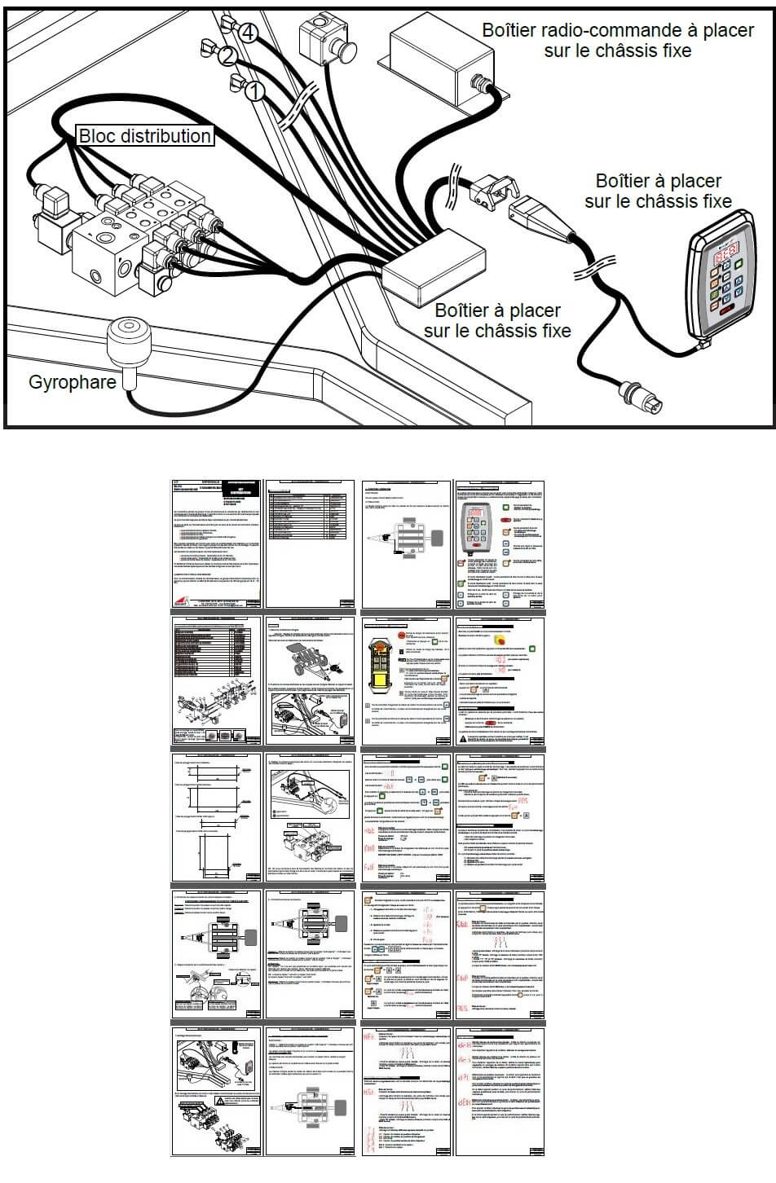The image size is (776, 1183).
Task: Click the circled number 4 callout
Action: [249, 33]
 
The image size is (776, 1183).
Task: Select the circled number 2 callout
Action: [229, 57]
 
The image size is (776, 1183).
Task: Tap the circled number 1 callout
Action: [254, 90]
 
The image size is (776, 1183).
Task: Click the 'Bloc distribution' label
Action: [145, 136]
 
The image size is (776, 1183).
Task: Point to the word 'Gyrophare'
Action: [73, 381]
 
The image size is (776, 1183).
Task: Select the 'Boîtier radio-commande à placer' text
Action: [617, 30]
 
